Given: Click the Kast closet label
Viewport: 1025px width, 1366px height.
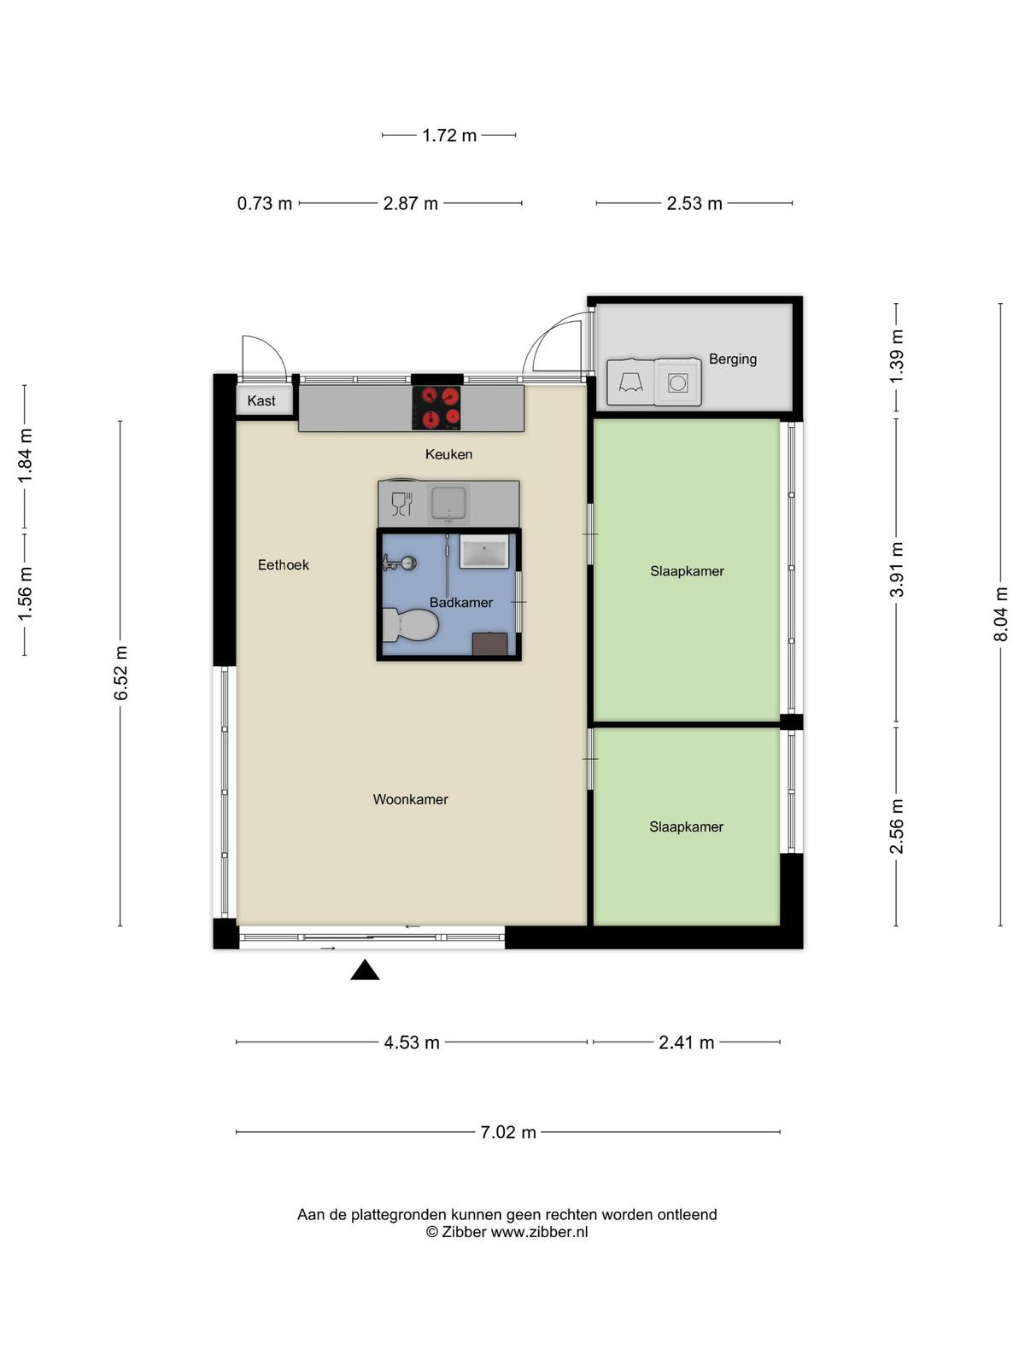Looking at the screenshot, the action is (x=261, y=400).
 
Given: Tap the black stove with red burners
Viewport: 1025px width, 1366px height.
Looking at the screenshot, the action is (x=436, y=407).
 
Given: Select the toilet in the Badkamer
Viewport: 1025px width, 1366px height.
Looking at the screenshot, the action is (x=410, y=626).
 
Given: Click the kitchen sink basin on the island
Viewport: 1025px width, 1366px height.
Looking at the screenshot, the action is (x=448, y=503).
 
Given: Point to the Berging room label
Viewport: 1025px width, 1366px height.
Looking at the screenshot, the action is (x=733, y=359).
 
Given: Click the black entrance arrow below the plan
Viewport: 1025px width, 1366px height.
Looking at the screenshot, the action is (x=365, y=970).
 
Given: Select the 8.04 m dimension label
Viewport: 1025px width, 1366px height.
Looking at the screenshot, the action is (x=1000, y=614).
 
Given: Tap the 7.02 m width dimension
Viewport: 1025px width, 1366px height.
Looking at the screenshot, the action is (x=508, y=1132).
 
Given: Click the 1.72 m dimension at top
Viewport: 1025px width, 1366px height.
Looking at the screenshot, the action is (x=448, y=135).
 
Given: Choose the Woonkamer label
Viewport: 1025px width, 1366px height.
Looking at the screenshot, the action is (x=410, y=800).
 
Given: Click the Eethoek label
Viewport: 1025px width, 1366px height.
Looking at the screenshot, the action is (x=284, y=565).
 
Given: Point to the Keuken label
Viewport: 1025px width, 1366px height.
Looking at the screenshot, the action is (x=448, y=454).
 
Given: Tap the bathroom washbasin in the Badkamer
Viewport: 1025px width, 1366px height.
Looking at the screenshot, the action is (x=483, y=552).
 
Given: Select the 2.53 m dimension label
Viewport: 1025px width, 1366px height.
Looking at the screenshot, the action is (x=694, y=203).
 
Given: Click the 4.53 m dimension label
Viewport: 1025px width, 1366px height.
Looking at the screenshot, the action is (x=412, y=1042).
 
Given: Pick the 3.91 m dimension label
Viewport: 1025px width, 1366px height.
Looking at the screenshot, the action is (x=896, y=569).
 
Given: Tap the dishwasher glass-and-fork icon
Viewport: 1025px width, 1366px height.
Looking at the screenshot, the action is (x=402, y=503).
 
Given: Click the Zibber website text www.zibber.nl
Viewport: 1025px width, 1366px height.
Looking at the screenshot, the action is (x=539, y=1232).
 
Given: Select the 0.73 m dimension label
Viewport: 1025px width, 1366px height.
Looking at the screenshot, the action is (x=265, y=203).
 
